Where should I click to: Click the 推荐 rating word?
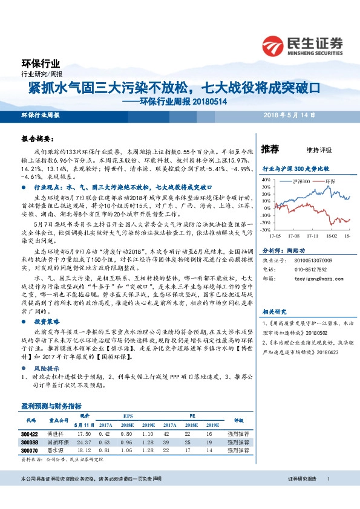tap(270, 149)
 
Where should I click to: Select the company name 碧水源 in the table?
tap(55, 450)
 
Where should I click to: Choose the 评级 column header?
tap(238, 421)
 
